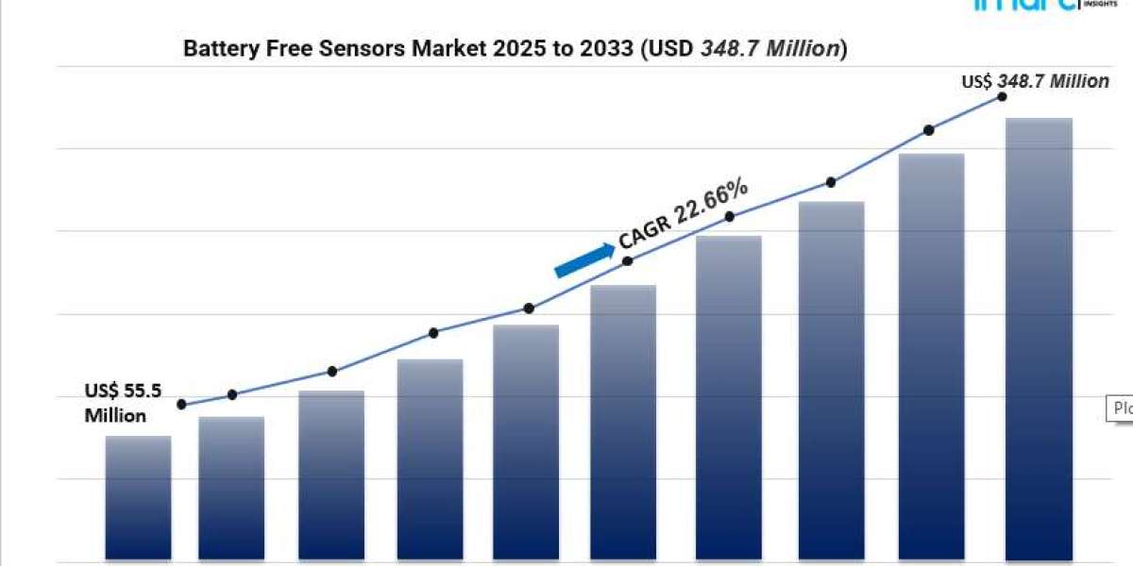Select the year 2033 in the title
click(x=612, y=50)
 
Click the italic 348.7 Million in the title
click(x=769, y=50)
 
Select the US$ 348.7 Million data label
click(x=1036, y=82)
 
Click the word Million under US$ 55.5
click(x=115, y=416)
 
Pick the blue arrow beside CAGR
click(x=583, y=260)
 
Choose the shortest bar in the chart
click(x=138, y=498)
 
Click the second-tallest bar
click(x=931, y=358)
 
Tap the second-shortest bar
click(x=231, y=489)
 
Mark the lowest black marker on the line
click(x=181, y=405)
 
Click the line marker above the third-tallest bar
click(x=831, y=182)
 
